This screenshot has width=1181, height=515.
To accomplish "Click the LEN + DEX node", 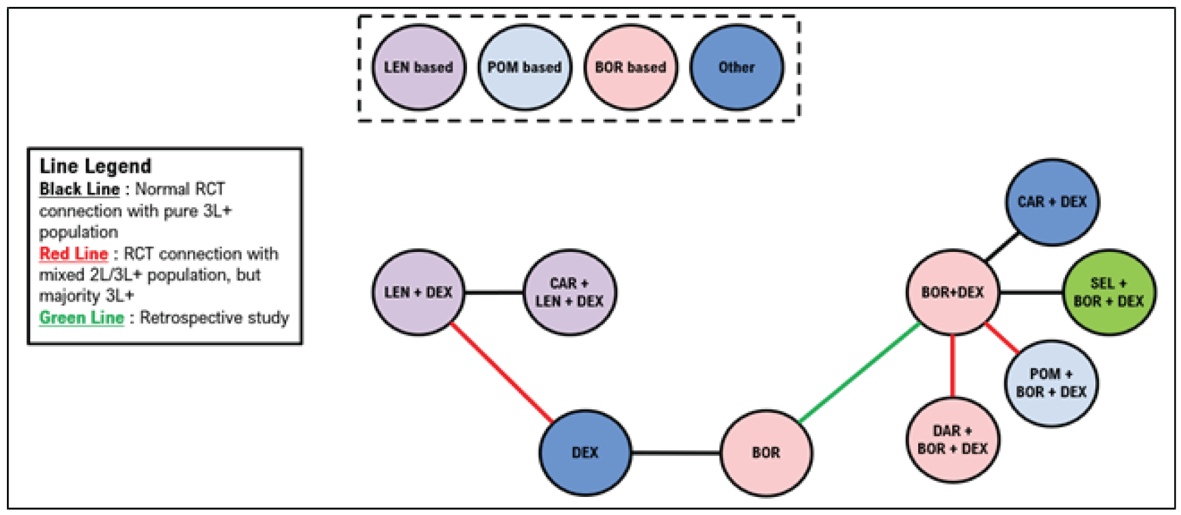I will (x=418, y=292).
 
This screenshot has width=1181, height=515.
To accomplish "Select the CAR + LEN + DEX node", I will (x=569, y=292).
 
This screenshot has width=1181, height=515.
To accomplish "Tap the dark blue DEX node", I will (x=585, y=453).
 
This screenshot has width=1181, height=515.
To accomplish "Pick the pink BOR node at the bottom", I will (x=766, y=453).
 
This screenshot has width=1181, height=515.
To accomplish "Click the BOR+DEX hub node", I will (x=952, y=292).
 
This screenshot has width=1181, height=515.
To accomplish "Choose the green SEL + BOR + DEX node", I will (x=1109, y=292).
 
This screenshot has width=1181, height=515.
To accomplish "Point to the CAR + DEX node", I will (x=1052, y=202).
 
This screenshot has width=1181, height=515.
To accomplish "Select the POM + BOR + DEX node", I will (x=1051, y=383).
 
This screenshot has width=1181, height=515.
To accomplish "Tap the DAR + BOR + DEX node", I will (x=952, y=440).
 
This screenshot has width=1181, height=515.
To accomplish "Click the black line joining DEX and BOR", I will (x=676, y=453).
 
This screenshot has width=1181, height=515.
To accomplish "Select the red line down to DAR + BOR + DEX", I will (x=952, y=367).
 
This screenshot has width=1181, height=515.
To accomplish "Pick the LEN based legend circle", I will (x=418, y=67).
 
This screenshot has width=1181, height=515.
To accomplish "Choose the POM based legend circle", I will (x=525, y=67).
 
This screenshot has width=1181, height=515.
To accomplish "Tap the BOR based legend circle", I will (x=630, y=67).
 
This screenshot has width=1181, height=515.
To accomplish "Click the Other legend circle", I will (x=737, y=67).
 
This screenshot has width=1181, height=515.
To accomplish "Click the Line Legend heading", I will (x=96, y=166).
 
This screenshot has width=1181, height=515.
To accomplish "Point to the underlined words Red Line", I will (x=73, y=254).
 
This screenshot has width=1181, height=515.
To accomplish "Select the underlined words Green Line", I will (x=81, y=318).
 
